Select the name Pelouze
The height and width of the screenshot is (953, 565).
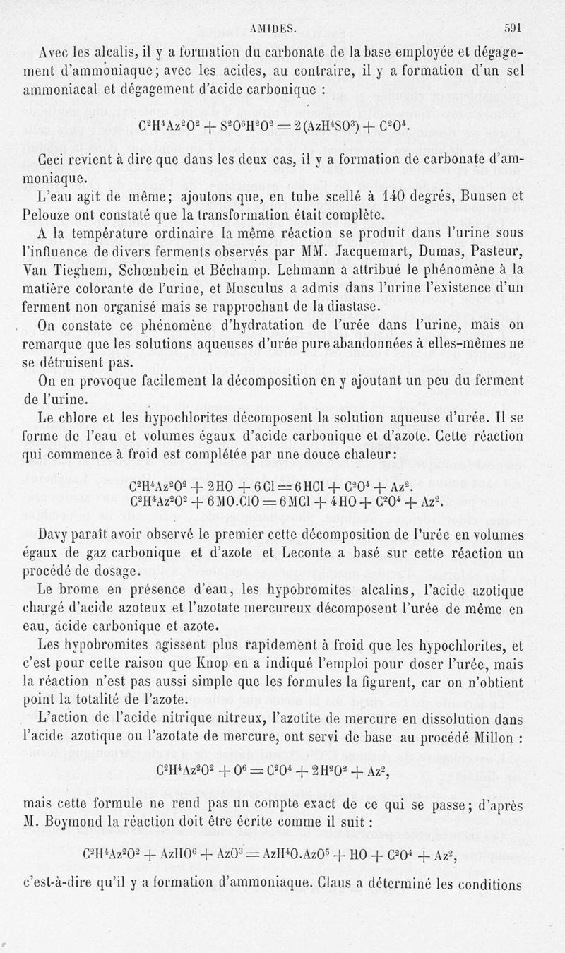tap(48, 215)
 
